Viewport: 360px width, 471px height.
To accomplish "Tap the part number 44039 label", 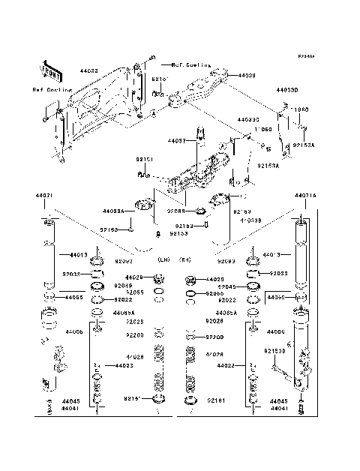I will pyautogui.click(x=247, y=76).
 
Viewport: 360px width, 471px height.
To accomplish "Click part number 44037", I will pyautogui.click(x=176, y=140).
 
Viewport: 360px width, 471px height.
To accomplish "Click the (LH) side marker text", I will pyautogui.click(x=163, y=259).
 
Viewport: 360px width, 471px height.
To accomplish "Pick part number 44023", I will pyautogui.click(x=124, y=365).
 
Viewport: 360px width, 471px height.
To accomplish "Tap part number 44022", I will pyautogui.click(x=226, y=365).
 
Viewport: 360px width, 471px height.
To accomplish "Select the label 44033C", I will pyautogui.click(x=248, y=119).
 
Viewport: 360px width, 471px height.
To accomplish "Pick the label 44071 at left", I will pyautogui.click(x=43, y=196).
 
